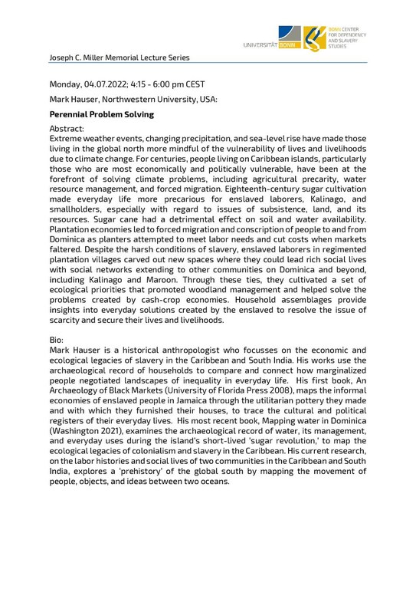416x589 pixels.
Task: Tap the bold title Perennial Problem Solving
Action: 101,114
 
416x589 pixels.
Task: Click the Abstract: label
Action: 67,129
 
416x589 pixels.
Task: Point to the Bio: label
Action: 58,337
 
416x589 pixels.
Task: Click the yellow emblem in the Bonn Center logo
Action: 314,38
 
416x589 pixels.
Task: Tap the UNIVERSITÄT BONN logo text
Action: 270,46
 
